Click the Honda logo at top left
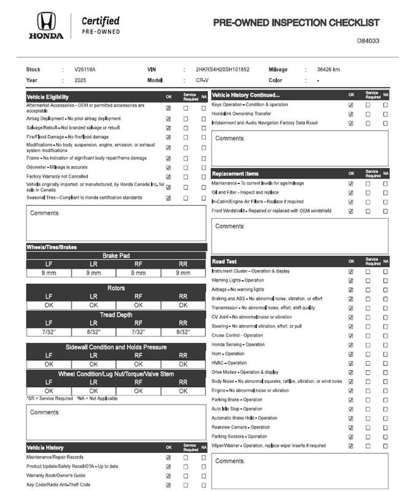pyautogui.click(x=45, y=26)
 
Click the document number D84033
pyautogui.click(x=368, y=41)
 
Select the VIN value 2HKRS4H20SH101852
pyautogui.click(x=223, y=69)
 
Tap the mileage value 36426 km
pyautogui.click(x=328, y=69)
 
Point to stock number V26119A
pyautogui.click(x=85, y=69)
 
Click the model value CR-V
pyautogui.click(x=202, y=80)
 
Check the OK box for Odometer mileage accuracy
pyautogui.click(x=168, y=168)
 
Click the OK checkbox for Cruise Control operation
pyautogui.click(x=351, y=336)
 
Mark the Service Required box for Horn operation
pyautogui.click(x=368, y=354)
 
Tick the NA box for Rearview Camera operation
pyautogui.click(x=385, y=427)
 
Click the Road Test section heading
pyautogui.click(x=225, y=261)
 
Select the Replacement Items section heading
pyautogui.click(x=235, y=174)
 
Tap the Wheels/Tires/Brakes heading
pyautogui.click(x=52, y=247)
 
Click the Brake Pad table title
pyautogui.click(x=116, y=255)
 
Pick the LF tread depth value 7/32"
pyautogui.click(x=49, y=331)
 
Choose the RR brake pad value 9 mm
pyautogui.click(x=183, y=273)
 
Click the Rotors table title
pyautogui.click(x=116, y=288)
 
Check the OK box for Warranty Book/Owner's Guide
pyautogui.click(x=168, y=476)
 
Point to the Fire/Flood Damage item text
pyautogui.click(x=67, y=137)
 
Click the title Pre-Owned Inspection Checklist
pyautogui.click(x=296, y=23)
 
